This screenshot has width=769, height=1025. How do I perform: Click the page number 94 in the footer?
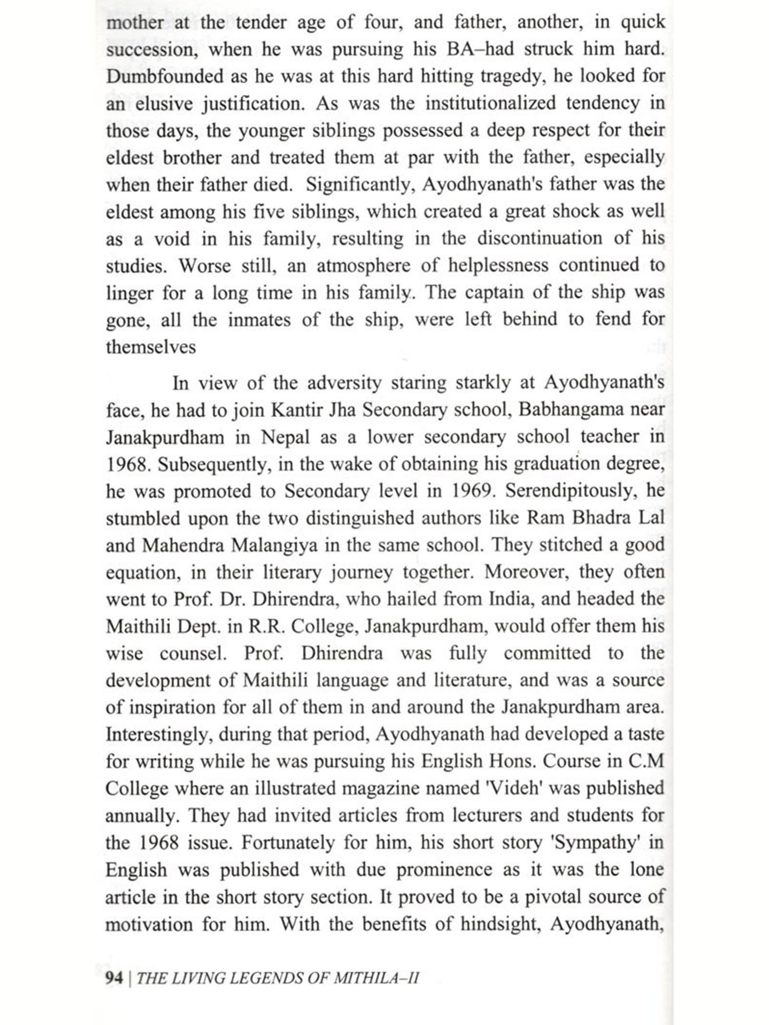coord(114,978)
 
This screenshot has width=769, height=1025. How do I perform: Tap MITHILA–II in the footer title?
coord(376,978)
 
